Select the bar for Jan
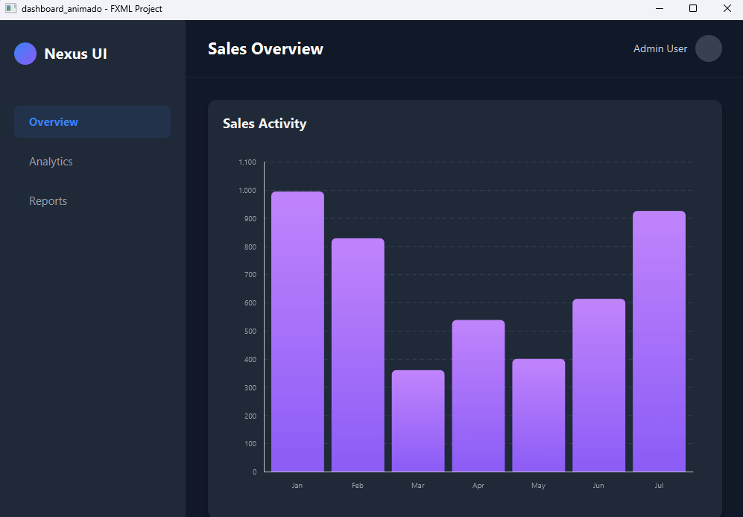[297, 332]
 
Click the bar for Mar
[418, 421]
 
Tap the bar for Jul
[659, 341]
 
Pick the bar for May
[538, 415]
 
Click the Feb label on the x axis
[358, 486]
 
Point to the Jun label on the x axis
[598, 486]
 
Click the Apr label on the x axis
[478, 486]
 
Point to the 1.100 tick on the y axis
[247, 162]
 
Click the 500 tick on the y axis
[250, 332]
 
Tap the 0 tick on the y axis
[254, 472]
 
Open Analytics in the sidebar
[51, 162]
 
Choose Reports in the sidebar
[48, 201]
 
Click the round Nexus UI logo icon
[25, 54]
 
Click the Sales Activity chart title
[265, 124]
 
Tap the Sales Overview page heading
[265, 49]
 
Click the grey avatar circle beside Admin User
[708, 48]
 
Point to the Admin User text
[660, 48]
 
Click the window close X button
[727, 9]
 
